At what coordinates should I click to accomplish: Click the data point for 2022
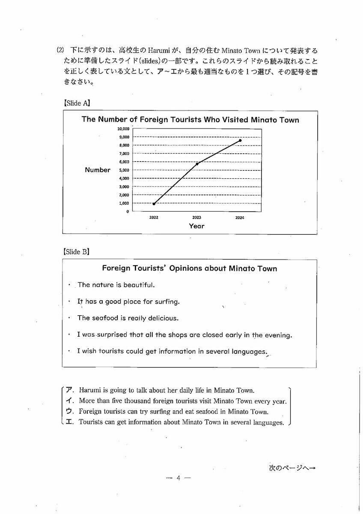click(154, 203)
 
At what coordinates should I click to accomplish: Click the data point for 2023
click(197, 164)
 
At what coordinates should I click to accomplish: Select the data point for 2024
click(240, 140)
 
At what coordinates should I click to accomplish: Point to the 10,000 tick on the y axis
click(123, 128)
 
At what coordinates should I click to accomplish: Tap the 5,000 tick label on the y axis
click(124, 170)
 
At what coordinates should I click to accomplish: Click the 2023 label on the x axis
click(197, 218)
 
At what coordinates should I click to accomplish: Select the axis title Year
click(196, 226)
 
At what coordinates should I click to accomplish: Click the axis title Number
click(97, 170)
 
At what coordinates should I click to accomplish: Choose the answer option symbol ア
click(70, 390)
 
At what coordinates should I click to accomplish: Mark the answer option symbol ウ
click(70, 412)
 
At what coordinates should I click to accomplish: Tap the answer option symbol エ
click(70, 422)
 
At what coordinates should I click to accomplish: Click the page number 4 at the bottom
click(178, 478)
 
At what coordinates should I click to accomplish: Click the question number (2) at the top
click(60, 50)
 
